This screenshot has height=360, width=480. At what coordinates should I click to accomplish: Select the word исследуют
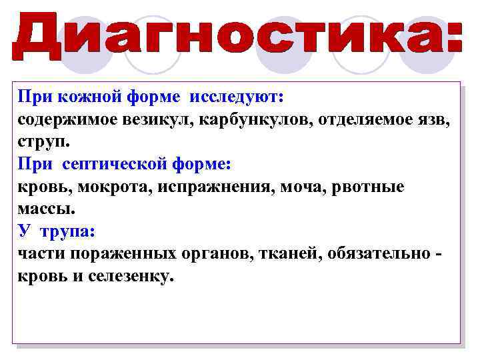pos(237,97)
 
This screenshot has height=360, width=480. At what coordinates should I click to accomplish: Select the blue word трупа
pos(67,231)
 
